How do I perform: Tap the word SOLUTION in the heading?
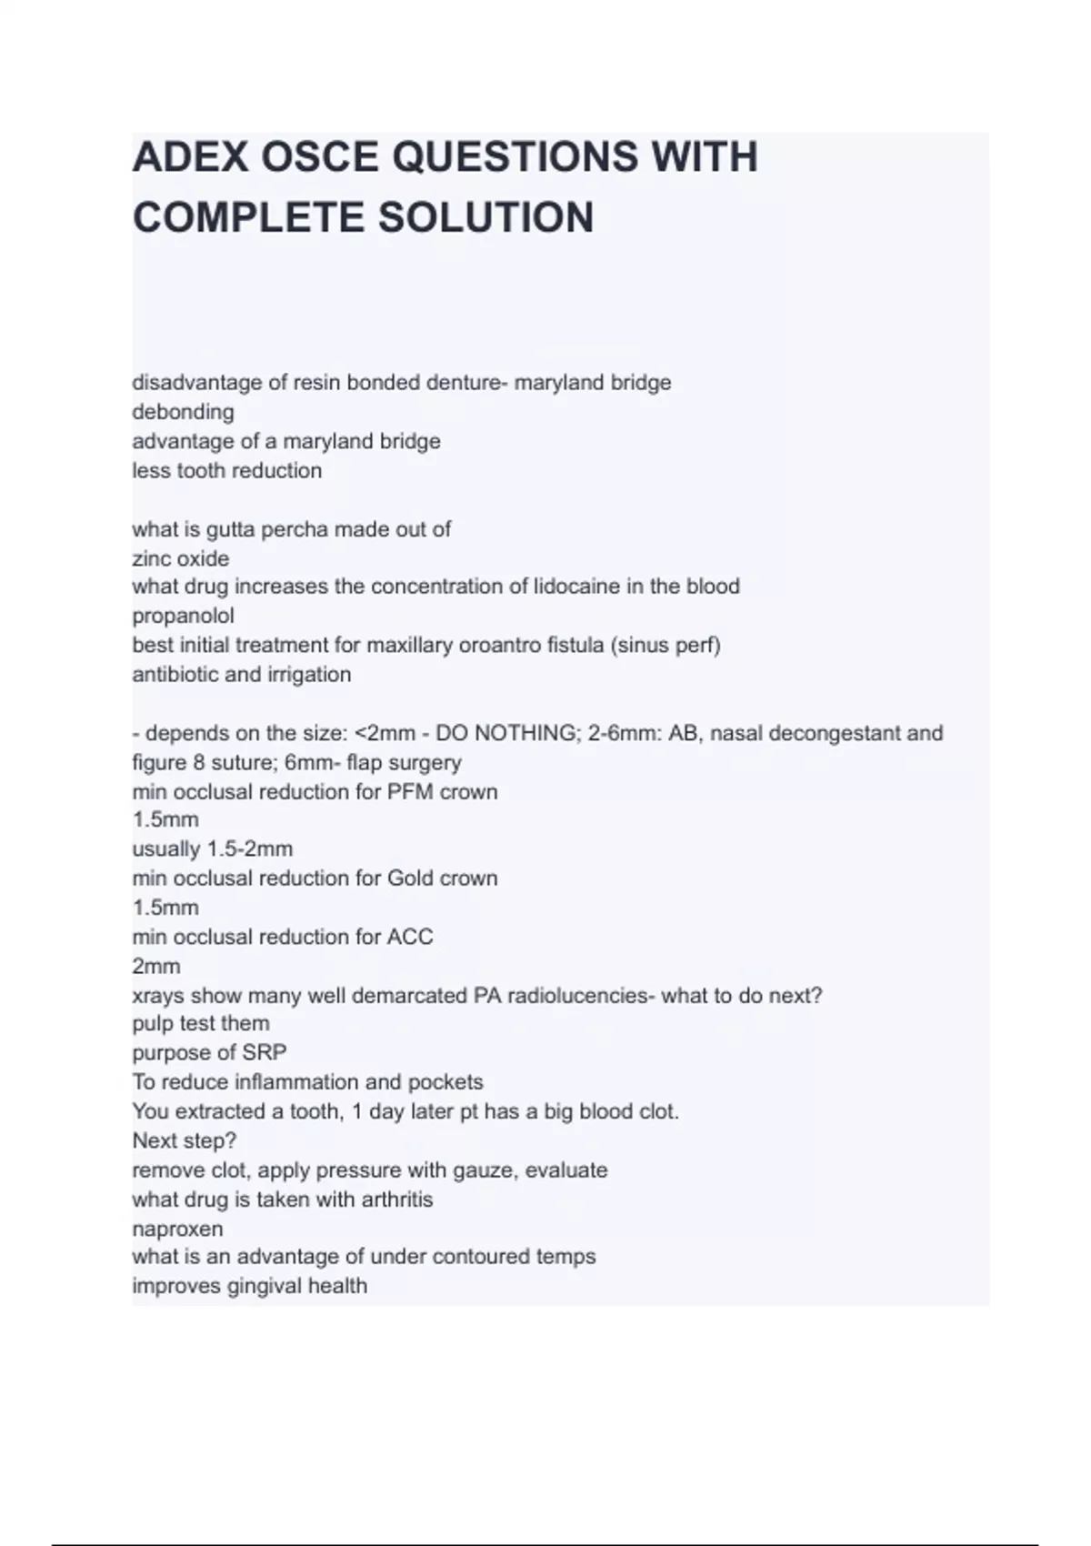pyautogui.click(x=485, y=218)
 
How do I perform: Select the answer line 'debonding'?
pyautogui.click(x=183, y=412)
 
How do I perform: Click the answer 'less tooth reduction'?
pyautogui.click(x=226, y=471)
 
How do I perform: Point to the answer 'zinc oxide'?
pyautogui.click(x=180, y=558)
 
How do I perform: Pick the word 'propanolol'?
pyautogui.click(x=183, y=616)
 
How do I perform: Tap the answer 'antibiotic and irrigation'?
pyautogui.click(x=241, y=675)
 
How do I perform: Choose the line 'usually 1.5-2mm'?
pyautogui.click(x=212, y=849)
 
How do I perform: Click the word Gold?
pyautogui.click(x=411, y=878)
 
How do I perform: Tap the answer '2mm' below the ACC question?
pyautogui.click(x=155, y=966)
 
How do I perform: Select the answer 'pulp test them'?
pyautogui.click(x=200, y=1024)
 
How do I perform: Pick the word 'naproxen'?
pyautogui.click(x=177, y=1229)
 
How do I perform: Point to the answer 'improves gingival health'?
pyautogui.click(x=249, y=1286)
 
